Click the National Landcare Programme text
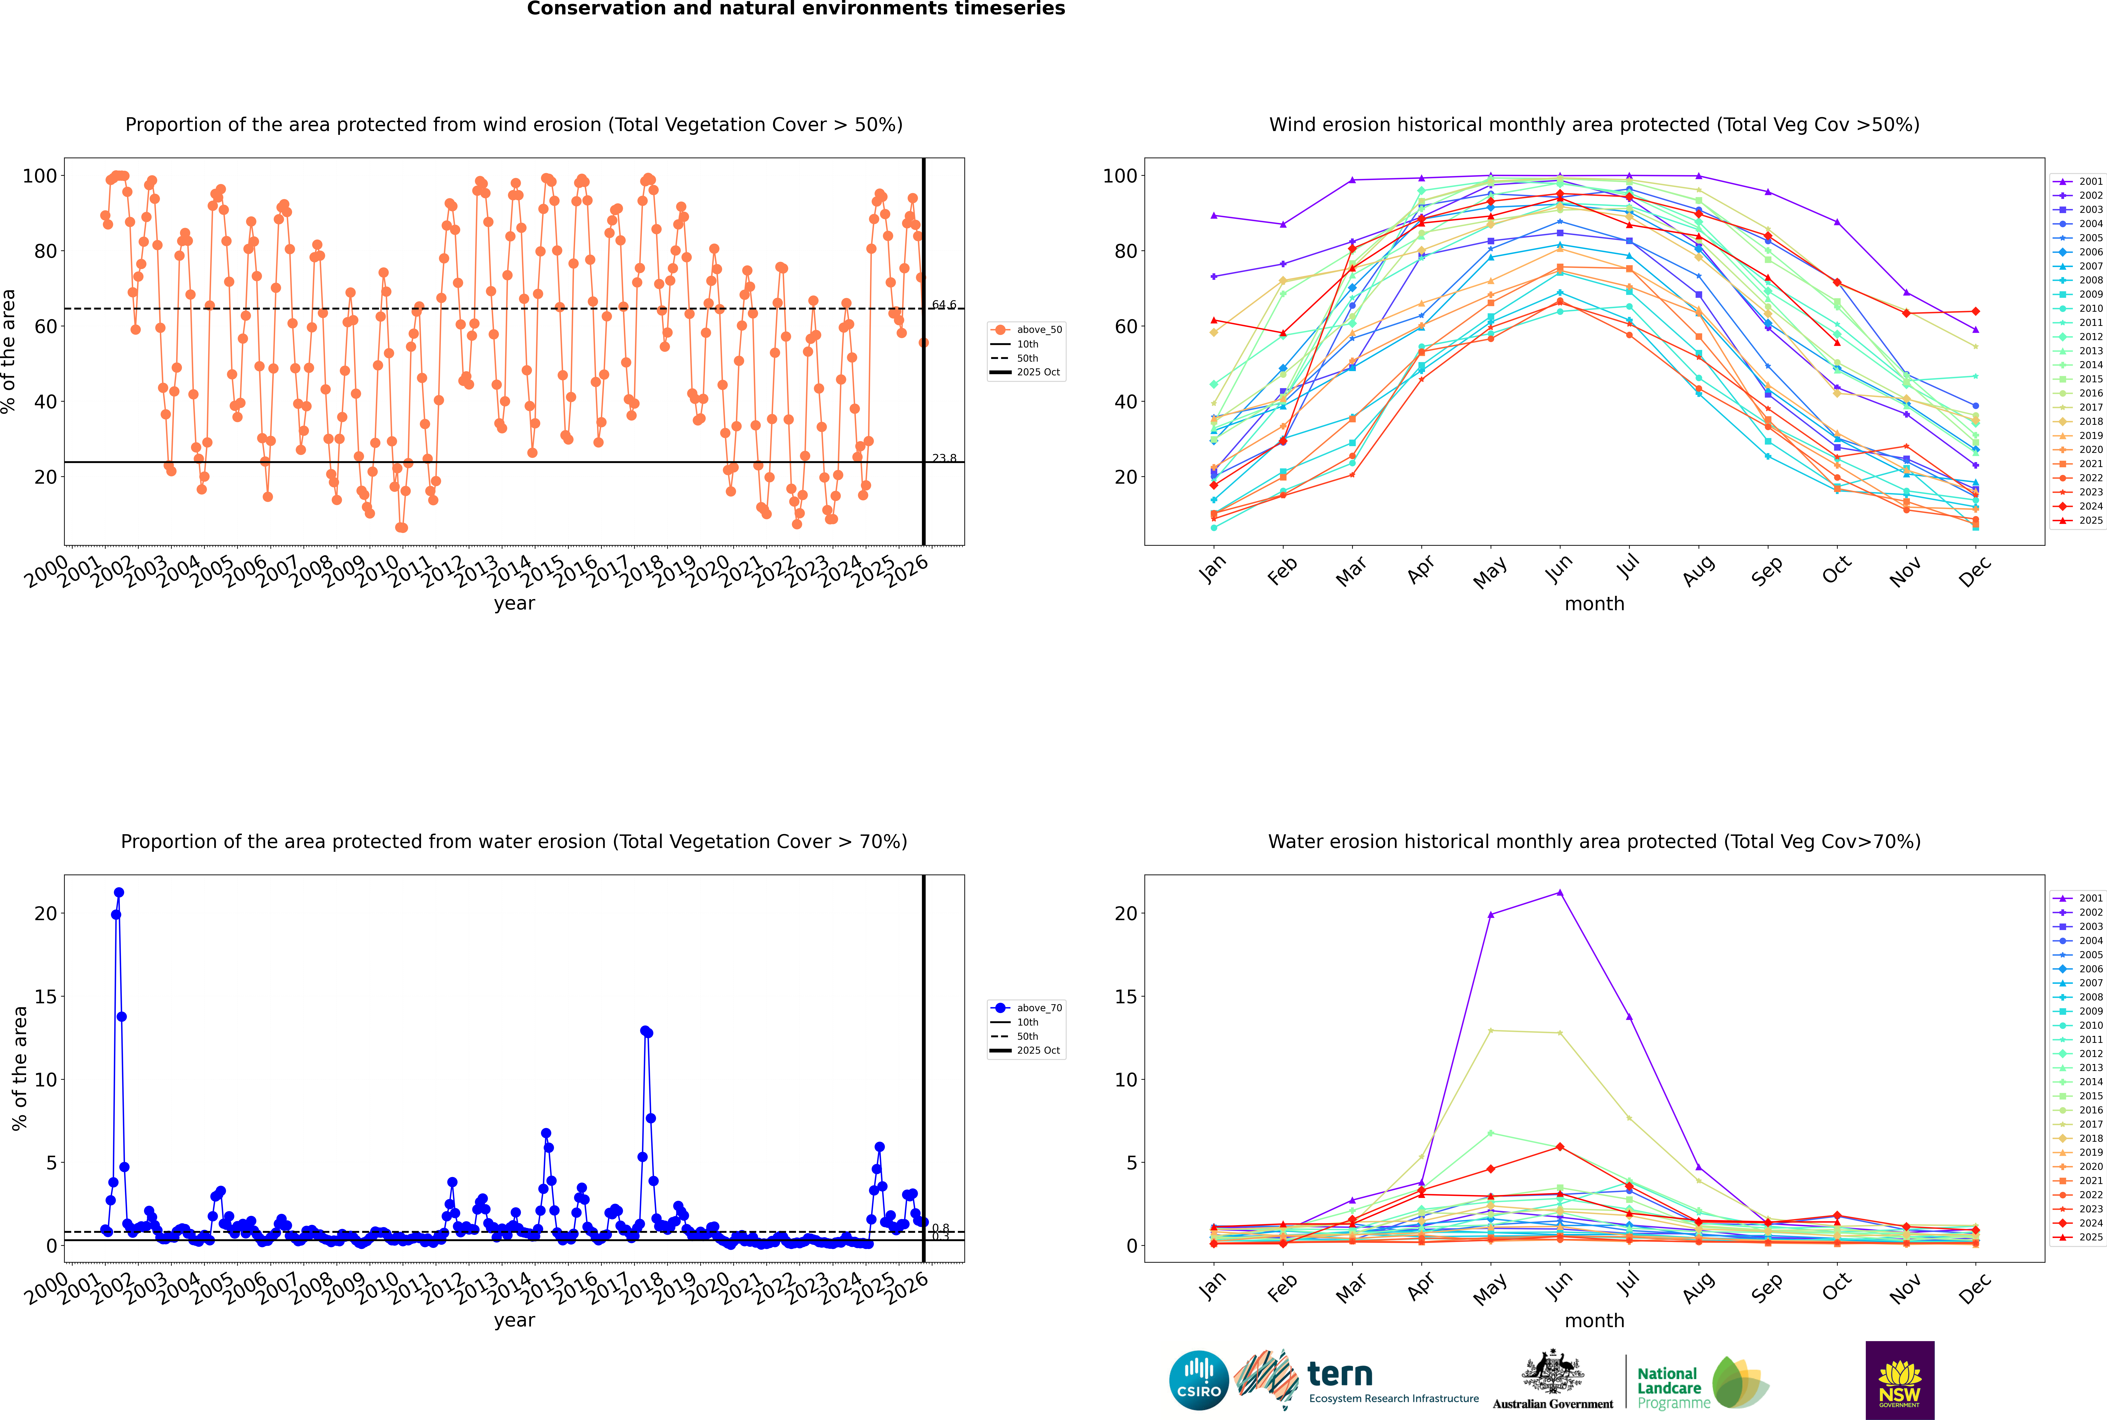[x=1673, y=1387]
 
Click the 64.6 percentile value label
[x=944, y=305]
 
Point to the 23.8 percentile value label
[x=944, y=458]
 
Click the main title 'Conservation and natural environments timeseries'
[x=795, y=9]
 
